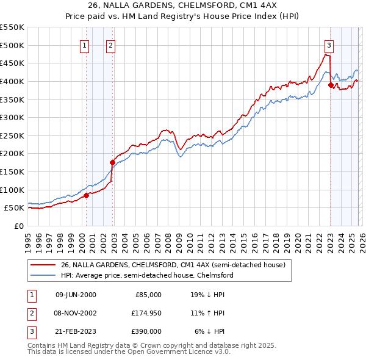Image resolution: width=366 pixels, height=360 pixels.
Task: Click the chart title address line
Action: click(x=183, y=7)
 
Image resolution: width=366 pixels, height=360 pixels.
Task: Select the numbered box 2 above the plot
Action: click(x=110, y=45)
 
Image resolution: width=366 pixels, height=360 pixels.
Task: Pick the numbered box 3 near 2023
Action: click(x=329, y=45)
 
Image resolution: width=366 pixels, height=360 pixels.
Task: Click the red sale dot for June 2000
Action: click(x=86, y=195)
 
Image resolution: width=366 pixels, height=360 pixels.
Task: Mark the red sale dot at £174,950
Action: click(x=112, y=162)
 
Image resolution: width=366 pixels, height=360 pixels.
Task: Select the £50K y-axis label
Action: click(x=15, y=207)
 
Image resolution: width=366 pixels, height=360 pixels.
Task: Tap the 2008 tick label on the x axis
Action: click(x=168, y=238)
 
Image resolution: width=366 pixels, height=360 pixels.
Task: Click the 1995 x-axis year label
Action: click(x=28, y=238)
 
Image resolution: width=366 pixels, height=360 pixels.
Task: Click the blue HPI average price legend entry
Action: click(x=146, y=276)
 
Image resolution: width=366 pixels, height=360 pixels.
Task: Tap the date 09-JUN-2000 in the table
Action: click(x=76, y=295)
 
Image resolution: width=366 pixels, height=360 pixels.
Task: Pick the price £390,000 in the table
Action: click(x=147, y=331)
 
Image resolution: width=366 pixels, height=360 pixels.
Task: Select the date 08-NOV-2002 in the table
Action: click(x=76, y=313)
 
